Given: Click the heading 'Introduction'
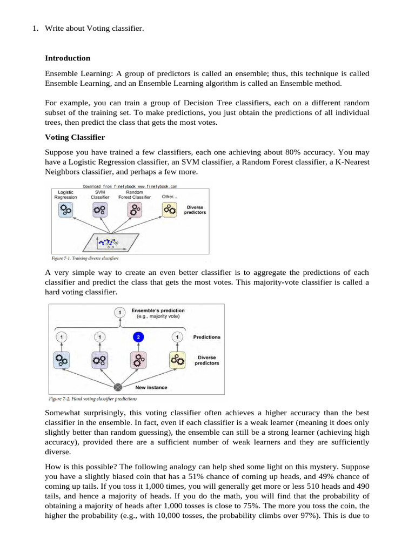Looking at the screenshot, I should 68,58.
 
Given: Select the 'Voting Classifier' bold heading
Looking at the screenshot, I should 75,138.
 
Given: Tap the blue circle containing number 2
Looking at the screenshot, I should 138,337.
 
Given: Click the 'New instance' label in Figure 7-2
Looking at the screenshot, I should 151,387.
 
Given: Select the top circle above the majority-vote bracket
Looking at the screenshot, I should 119,312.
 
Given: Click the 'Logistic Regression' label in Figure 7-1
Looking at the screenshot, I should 65,194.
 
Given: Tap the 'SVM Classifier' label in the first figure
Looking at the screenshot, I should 100,194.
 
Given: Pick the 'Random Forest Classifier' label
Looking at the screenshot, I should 135,194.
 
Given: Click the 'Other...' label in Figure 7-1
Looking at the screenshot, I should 169,197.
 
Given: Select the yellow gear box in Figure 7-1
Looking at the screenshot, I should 169,210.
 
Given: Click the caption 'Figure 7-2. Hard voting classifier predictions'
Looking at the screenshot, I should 92,399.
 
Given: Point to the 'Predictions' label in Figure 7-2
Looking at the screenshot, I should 207,337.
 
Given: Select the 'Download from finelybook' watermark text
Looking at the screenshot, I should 130,186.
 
